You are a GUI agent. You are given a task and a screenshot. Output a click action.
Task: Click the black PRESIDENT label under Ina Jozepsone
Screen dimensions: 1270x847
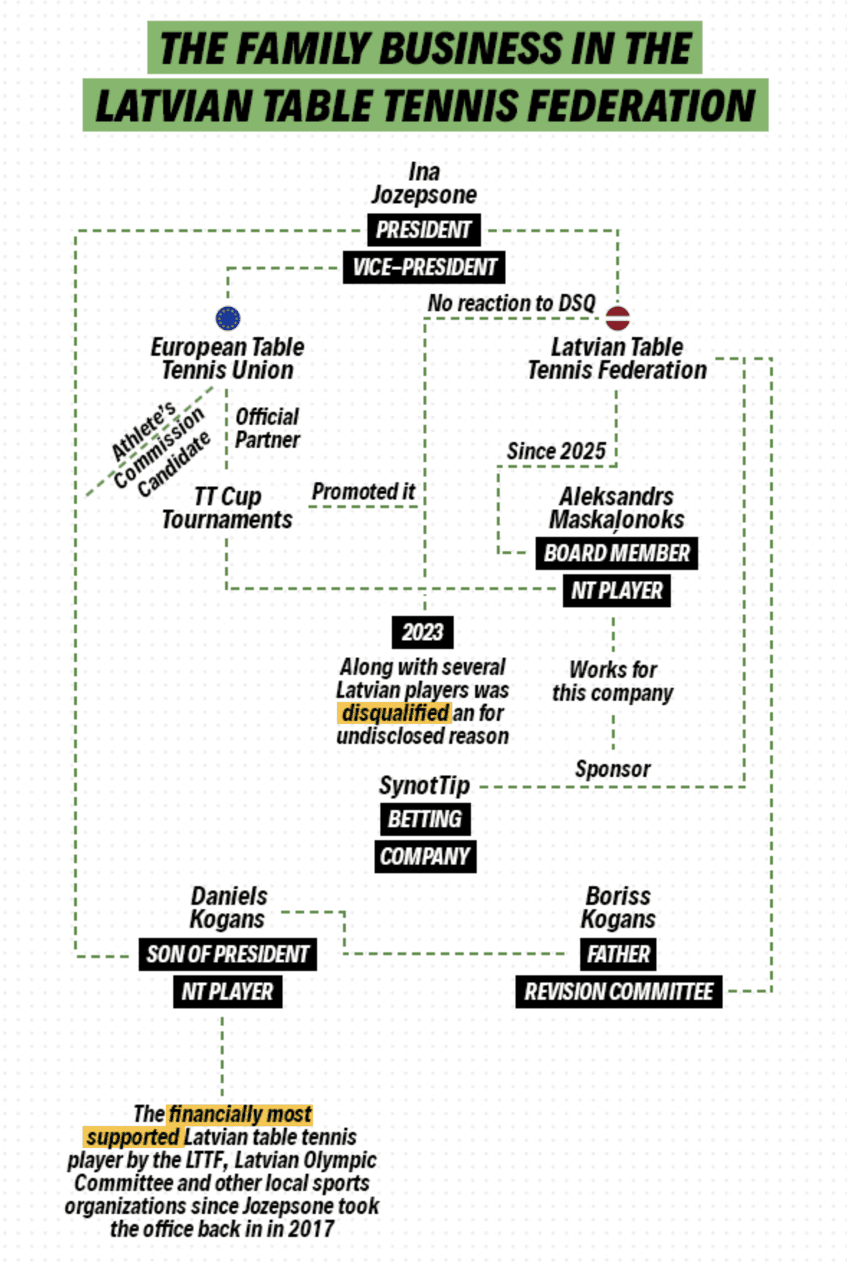(423, 230)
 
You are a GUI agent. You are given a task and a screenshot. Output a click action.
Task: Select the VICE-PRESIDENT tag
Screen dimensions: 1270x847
(423, 267)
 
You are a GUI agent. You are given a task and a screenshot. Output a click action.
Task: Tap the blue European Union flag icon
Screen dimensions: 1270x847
(228, 318)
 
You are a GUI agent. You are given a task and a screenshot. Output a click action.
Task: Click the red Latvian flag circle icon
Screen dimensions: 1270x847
(617, 317)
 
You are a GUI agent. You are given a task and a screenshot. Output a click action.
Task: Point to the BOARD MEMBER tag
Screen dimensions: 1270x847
(616, 553)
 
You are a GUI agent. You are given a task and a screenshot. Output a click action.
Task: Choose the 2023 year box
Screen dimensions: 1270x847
(422, 632)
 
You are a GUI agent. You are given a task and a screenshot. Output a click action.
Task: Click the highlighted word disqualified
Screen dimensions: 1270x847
(395, 713)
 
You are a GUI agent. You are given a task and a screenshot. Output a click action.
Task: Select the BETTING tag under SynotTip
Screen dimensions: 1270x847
(424, 819)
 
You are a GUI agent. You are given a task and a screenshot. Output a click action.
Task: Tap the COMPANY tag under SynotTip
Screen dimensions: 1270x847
(424, 857)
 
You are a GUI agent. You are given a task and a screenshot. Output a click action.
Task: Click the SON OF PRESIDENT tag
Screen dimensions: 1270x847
(227, 954)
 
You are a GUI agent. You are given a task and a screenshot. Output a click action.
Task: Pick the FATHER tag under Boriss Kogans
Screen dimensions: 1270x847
(618, 954)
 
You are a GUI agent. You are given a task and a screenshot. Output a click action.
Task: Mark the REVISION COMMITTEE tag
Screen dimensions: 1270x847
(618, 992)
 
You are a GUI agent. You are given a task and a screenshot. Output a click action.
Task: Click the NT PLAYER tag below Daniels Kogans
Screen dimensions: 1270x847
(227, 992)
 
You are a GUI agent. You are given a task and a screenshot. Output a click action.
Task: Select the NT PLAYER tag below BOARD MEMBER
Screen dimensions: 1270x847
(616, 591)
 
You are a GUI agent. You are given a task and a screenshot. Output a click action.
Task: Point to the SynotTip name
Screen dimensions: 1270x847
(424, 786)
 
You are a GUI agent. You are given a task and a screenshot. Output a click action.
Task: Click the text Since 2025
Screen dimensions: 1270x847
(556, 451)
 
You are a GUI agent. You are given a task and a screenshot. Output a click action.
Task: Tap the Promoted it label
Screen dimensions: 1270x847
(363, 492)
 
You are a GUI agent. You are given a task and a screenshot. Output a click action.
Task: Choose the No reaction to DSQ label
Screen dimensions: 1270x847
(511, 303)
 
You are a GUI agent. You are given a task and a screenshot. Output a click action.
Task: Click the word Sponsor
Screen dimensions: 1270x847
(613, 769)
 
